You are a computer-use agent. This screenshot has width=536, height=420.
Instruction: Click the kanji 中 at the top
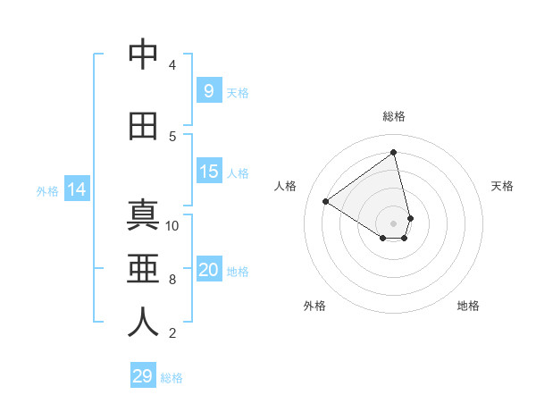(143, 55)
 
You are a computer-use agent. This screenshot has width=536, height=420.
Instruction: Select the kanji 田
(143, 127)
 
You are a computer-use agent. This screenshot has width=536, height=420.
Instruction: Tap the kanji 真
(143, 216)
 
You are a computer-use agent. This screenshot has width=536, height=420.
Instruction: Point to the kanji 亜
(143, 270)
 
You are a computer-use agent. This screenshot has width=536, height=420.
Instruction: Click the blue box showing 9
(208, 91)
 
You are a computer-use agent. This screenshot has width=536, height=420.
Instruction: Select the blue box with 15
(208, 172)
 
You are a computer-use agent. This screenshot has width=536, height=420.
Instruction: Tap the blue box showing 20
(208, 271)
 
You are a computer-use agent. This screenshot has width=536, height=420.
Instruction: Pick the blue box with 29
(142, 376)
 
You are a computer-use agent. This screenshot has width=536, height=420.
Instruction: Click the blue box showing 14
(76, 189)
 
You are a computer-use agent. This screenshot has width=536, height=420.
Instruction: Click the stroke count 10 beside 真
(172, 225)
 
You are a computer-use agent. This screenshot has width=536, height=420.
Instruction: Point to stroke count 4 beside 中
(172, 64)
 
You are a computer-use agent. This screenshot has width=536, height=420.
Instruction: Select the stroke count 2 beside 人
(172, 333)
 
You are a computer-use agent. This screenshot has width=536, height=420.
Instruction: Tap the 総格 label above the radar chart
(394, 116)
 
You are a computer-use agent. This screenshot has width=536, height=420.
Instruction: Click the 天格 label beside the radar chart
(503, 186)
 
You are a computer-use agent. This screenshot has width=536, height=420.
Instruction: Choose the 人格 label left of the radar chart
(285, 186)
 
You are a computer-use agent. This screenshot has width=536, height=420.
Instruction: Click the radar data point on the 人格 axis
(326, 201)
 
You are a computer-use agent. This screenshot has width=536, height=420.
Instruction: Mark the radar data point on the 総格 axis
(394, 152)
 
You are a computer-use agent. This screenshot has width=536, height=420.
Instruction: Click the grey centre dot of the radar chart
(394, 223)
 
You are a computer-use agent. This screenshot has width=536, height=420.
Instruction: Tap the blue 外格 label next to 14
(46, 190)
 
